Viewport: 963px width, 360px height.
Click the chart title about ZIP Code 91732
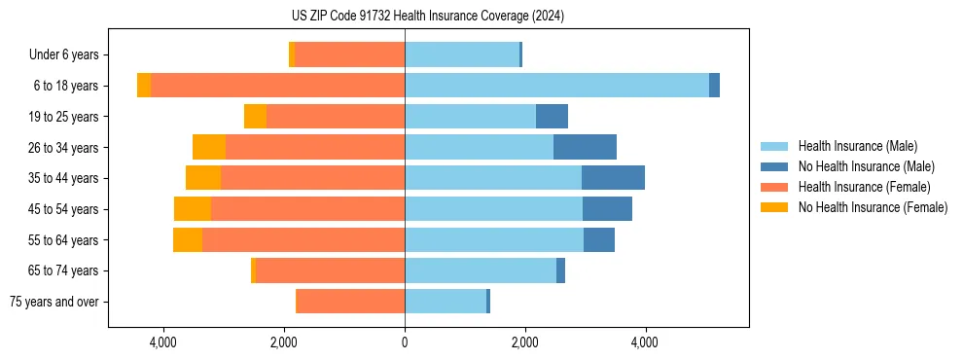[x=427, y=17]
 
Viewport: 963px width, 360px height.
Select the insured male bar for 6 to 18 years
[x=556, y=86]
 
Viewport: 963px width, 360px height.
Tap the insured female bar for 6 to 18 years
[x=277, y=86]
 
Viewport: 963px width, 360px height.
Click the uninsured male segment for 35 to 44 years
[x=613, y=178]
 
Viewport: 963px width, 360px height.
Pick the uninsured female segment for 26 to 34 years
[x=209, y=147]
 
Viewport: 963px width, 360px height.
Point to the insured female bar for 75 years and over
[x=350, y=302]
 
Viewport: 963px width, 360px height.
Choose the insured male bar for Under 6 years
[x=462, y=54]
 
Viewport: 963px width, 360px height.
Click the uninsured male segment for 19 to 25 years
[x=552, y=117]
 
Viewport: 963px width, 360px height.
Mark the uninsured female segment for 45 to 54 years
[x=193, y=209]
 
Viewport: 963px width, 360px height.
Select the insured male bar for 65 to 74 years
[x=481, y=270]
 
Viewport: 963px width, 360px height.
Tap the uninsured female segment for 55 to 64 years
[x=188, y=239]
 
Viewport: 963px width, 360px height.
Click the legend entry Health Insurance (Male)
[x=857, y=146]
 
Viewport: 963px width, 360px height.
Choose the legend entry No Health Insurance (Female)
[x=873, y=207]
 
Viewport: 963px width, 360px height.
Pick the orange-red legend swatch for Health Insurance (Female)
[x=774, y=187]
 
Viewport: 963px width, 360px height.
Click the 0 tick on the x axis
[x=405, y=342]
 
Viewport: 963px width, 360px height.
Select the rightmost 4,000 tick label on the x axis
[x=645, y=342]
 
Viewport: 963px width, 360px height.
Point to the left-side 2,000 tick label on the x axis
[x=283, y=342]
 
